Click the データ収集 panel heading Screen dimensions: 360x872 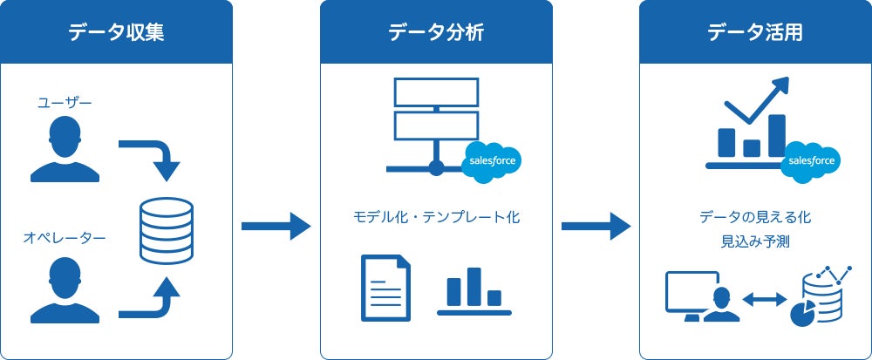116,33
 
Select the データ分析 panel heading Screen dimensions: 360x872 436,33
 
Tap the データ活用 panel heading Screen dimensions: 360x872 755,33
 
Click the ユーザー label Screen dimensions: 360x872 65,103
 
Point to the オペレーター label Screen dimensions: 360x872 65,235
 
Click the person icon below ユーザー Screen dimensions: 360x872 65,148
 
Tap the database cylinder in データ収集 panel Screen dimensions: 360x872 167,231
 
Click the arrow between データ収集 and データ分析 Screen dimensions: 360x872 276,227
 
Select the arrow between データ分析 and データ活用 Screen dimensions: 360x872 596,227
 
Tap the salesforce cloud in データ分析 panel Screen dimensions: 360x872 492,161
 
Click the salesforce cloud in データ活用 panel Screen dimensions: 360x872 811,161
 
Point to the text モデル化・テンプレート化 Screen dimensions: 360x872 436,217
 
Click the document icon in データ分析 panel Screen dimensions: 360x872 385,288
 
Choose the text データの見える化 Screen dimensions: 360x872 755,217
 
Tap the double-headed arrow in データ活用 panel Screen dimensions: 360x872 764,299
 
